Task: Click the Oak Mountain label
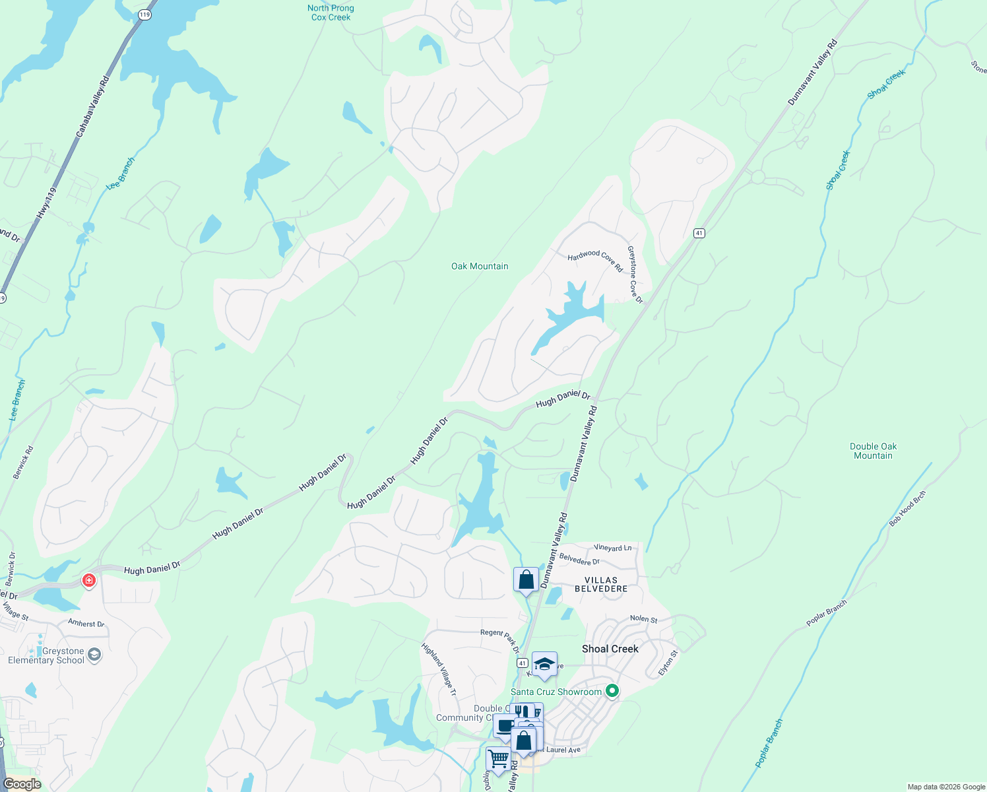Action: [480, 266]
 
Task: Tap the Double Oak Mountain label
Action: [873, 451]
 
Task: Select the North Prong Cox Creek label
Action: [331, 13]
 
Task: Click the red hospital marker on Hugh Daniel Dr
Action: [88, 581]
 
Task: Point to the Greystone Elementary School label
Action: [46, 655]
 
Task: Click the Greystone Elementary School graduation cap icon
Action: [94, 655]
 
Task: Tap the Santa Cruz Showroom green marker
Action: [612, 691]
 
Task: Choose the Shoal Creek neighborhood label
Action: [610, 649]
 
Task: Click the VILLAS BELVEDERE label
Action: [601, 584]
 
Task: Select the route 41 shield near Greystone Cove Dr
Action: [699, 233]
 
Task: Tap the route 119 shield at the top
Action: [145, 15]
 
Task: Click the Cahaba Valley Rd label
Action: [92, 107]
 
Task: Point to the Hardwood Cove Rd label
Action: [595, 260]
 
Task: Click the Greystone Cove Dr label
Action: [635, 275]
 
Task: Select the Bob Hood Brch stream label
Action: [907, 508]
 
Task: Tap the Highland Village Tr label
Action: [439, 669]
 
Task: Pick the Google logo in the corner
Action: [22, 784]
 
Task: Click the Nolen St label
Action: [643, 619]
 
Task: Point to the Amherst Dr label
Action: [86, 623]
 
